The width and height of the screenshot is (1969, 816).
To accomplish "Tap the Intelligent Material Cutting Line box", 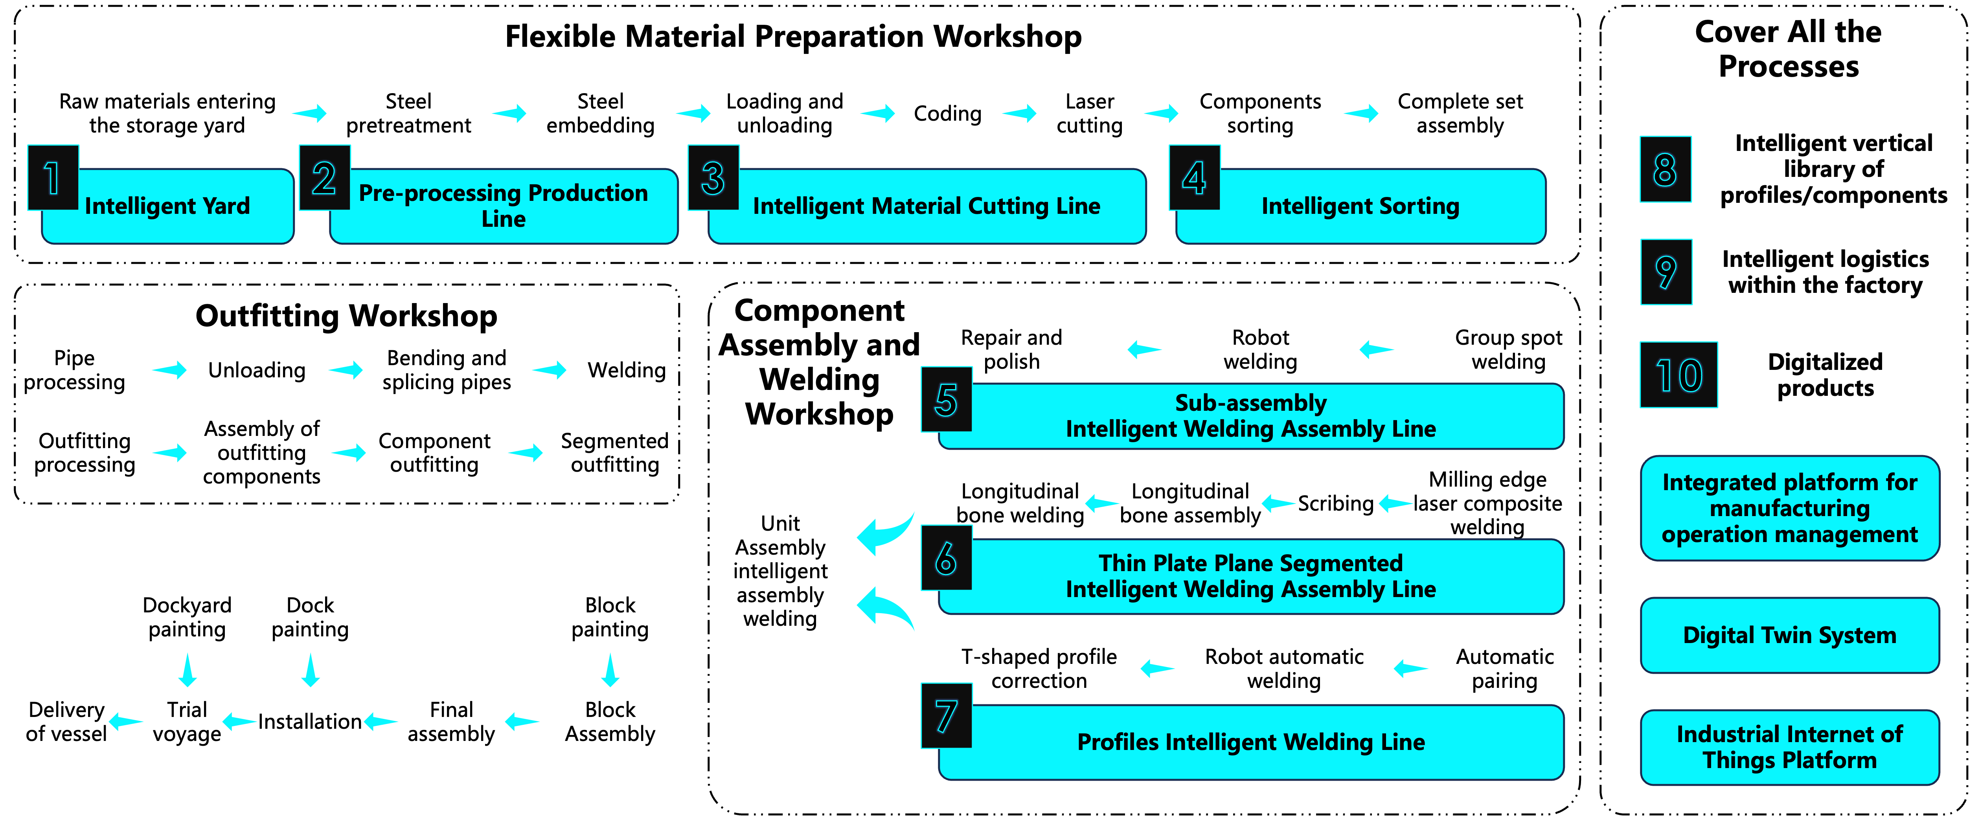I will tap(927, 206).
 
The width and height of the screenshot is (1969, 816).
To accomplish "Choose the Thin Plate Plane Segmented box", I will tap(1250, 576).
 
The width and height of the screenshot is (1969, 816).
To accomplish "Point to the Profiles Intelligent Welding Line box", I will tap(1250, 742).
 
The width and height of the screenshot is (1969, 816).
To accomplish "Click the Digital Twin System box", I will tap(1789, 635).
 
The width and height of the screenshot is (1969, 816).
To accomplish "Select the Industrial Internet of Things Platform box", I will tap(1789, 747).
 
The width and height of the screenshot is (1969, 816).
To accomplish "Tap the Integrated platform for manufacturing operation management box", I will tap(1789, 508).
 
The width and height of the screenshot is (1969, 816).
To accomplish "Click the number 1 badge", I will tap(53, 177).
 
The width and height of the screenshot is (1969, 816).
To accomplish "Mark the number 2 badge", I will tap(325, 177).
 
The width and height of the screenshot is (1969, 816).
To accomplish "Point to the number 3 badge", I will tap(713, 177).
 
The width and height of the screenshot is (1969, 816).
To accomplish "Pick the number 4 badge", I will tap(1195, 177).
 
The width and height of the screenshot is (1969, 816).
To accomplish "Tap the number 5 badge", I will tap(946, 399).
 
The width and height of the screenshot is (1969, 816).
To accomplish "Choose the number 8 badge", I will tap(1666, 169).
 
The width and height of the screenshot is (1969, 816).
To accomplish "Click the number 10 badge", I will tap(1679, 374).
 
